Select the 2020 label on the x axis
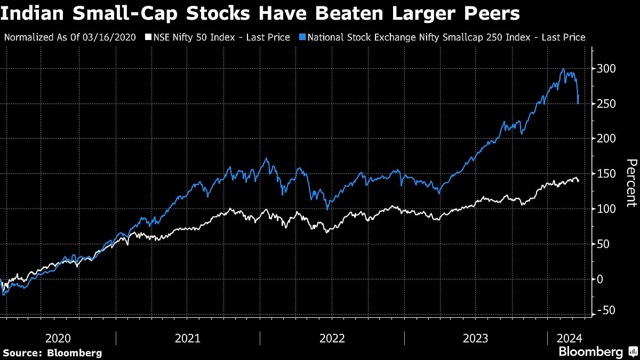pyautogui.click(x=59, y=338)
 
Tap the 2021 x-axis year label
pyautogui.click(x=187, y=338)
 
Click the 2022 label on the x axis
pyautogui.click(x=332, y=338)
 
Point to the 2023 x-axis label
pyautogui.click(x=476, y=338)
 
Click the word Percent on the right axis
pyautogui.click(x=631, y=183)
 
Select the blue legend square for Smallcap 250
pyautogui.click(x=302, y=37)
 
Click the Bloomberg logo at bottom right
pyautogui.click(x=597, y=352)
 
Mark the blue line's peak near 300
pyautogui.click(x=563, y=69)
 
